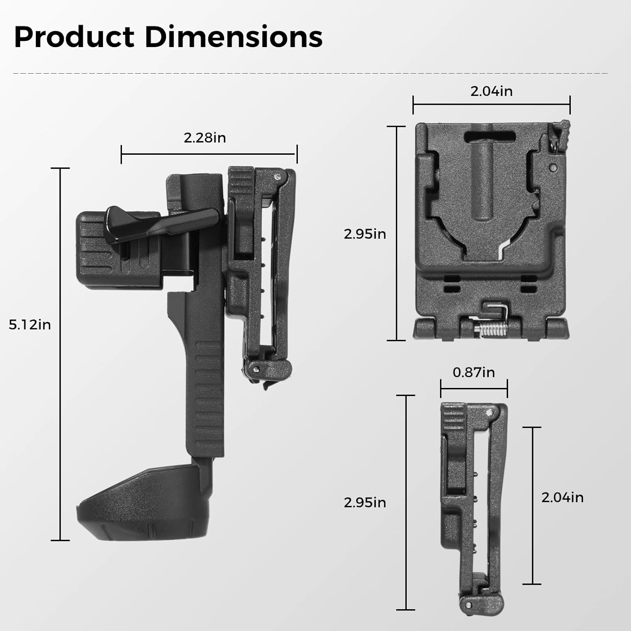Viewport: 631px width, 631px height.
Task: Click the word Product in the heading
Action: pos(74,37)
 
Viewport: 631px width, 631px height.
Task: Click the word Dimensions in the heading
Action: pos(234,37)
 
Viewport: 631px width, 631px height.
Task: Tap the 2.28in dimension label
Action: pos(205,138)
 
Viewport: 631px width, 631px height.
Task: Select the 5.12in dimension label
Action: pos(30,325)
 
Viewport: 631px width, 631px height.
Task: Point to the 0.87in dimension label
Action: pos(474,372)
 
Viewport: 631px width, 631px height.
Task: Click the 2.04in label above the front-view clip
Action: pos(491,91)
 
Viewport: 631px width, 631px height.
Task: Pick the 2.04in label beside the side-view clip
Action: pos(562,498)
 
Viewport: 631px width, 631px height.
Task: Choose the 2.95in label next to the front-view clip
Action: pos(365,234)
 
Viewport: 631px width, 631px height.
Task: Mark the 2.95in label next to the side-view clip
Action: pos(365,503)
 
